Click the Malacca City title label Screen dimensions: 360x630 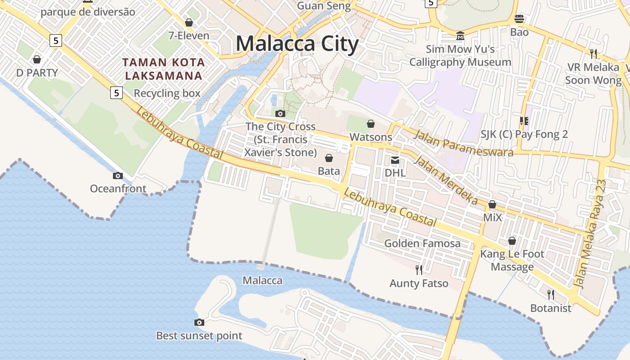point(297,44)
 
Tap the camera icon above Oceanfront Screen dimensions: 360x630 point(118,175)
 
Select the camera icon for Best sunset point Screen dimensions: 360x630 point(199,322)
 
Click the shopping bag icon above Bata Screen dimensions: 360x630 point(329,158)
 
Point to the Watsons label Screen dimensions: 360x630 point(371,137)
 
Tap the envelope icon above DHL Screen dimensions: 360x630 point(395,160)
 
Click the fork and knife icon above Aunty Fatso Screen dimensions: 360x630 point(419,270)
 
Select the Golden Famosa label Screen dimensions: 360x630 point(422,243)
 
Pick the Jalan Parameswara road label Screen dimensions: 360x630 point(463,143)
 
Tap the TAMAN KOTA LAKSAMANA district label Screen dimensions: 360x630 point(165,69)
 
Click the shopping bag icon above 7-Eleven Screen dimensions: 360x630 point(189,22)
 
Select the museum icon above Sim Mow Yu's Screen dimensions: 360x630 point(460,36)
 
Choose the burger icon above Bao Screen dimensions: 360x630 point(519,19)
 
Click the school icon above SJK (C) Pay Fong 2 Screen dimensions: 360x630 point(524,121)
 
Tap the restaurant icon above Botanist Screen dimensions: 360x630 point(550,295)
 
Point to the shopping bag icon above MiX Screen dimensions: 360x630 point(492,204)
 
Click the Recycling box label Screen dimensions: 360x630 point(167,93)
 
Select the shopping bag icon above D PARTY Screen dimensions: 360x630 point(37,59)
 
